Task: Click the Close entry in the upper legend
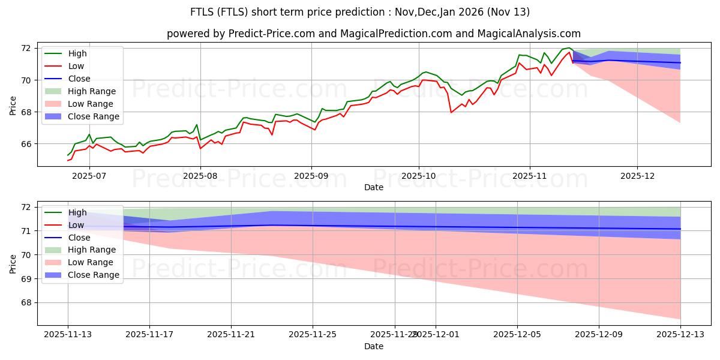(x=79, y=79)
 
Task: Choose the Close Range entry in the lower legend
(x=94, y=275)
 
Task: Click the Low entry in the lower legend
(x=76, y=225)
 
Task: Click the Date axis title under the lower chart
(x=373, y=347)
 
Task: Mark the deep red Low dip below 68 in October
(x=451, y=112)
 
